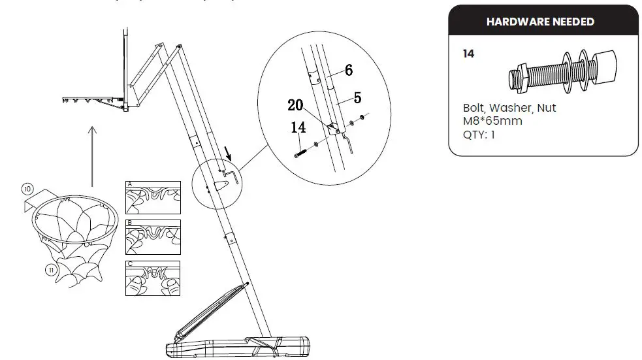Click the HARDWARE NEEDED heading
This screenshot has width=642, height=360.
[x=540, y=22]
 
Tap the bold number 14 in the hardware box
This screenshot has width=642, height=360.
[x=468, y=54]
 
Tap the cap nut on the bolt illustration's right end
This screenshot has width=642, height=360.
[x=607, y=68]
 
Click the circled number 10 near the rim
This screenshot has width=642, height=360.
[x=27, y=189]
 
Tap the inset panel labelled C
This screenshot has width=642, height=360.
[x=152, y=278]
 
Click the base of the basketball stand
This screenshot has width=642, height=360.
[x=238, y=345]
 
